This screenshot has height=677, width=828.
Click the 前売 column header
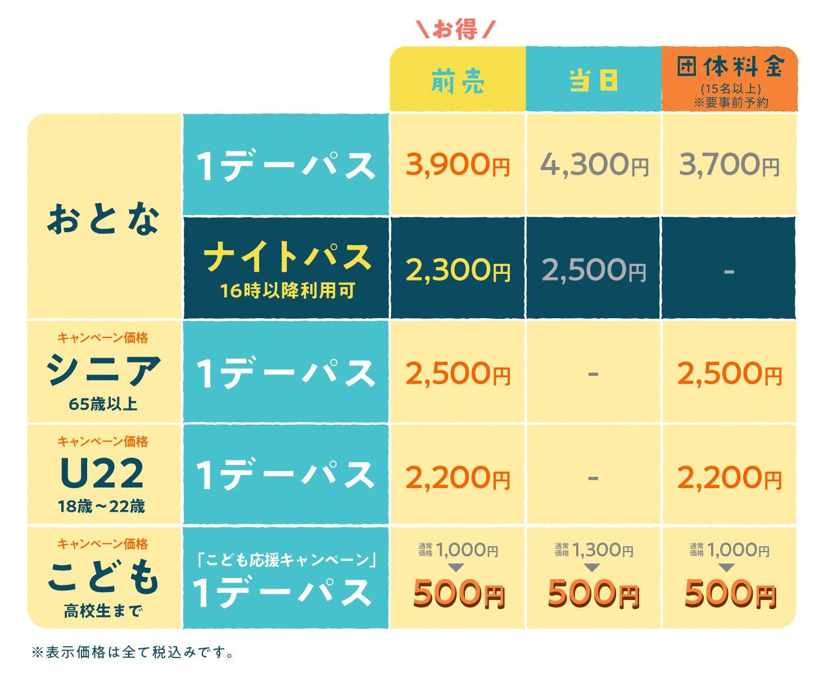(458, 82)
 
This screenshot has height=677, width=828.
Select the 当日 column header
(593, 80)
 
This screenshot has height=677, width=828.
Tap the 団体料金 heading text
(730, 67)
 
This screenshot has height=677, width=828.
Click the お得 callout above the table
(456, 29)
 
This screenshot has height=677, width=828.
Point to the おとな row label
(103, 219)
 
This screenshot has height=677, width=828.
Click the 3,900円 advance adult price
(458, 165)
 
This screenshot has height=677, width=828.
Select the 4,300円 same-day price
(594, 165)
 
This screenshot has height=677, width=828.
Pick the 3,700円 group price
(729, 165)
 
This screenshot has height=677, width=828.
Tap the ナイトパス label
(287, 258)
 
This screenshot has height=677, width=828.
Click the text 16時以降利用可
(287, 291)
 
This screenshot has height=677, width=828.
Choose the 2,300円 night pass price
(458, 270)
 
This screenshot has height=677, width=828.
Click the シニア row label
(103, 371)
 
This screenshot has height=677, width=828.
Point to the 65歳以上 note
(103, 404)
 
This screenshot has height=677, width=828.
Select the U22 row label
(102, 474)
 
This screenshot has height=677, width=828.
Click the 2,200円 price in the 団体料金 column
(729, 479)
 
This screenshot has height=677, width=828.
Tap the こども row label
(103, 577)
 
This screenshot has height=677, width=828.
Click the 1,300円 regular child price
(603, 550)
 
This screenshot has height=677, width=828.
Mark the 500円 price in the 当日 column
(594, 594)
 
